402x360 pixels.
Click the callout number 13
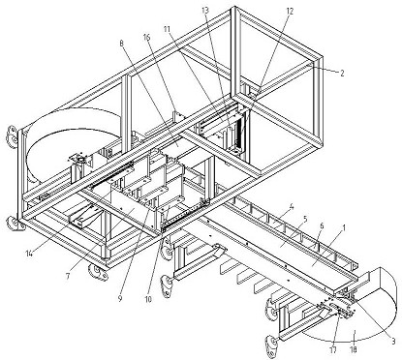coord(205,10)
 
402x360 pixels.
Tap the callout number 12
coord(290,12)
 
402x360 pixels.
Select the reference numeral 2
coord(342,74)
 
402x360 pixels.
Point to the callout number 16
coord(147,37)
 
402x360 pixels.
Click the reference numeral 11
coord(167,28)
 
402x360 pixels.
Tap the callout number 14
coord(30,254)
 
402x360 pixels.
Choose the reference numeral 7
coord(68,277)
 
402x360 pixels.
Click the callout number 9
coord(120,299)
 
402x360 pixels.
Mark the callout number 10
coord(148,299)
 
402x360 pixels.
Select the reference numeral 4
coord(292,205)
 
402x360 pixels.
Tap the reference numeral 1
coord(344,228)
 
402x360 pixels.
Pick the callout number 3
coord(393,341)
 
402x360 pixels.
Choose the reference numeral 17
coord(333,349)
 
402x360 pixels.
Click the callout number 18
coord(354,349)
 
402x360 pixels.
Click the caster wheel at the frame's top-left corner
coord(12,136)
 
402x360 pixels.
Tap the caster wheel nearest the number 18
coord(273,346)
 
